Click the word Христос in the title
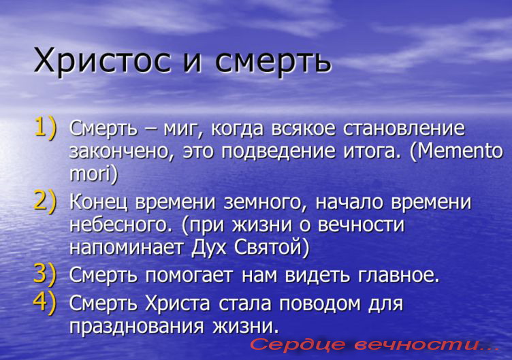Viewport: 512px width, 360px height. (x=102, y=61)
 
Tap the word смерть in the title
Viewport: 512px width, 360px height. (x=273, y=61)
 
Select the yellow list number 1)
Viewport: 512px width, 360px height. (x=45, y=129)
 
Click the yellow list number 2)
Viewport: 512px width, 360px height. (x=45, y=202)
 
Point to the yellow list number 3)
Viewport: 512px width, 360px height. (x=45, y=274)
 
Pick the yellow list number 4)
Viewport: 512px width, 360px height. (x=45, y=304)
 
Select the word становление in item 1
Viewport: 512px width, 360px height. (x=404, y=129)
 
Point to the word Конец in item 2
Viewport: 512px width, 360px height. (x=98, y=203)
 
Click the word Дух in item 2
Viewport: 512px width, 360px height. (x=208, y=248)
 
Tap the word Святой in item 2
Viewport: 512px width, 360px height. (x=272, y=248)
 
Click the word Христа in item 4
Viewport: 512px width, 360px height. (x=178, y=304)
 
